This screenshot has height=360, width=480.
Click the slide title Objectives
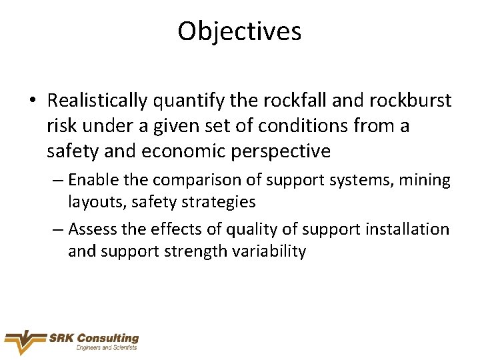click(239, 31)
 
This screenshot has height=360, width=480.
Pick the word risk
click(61, 126)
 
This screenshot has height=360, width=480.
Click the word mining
click(424, 180)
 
